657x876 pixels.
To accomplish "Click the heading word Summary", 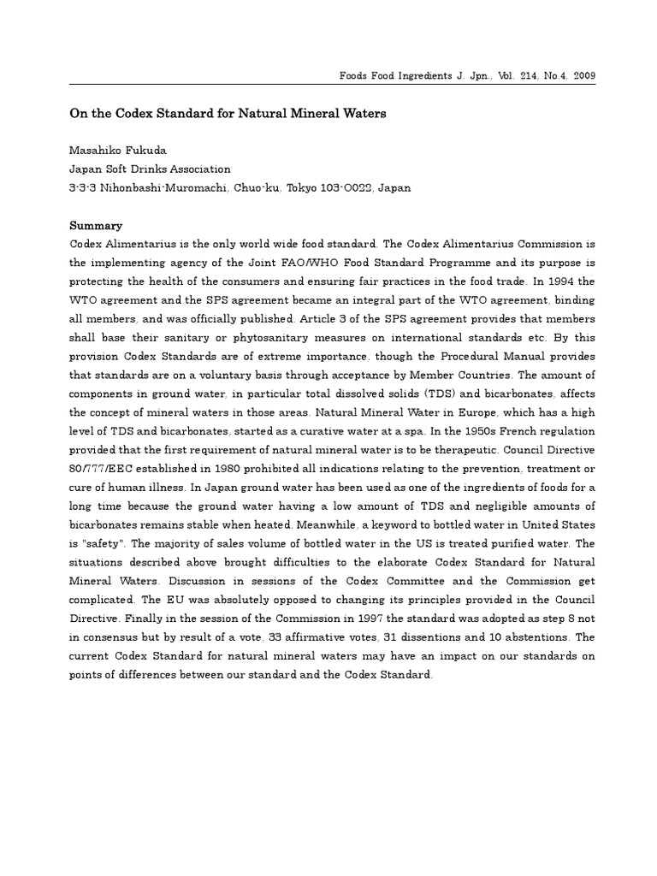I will click(95, 226).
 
